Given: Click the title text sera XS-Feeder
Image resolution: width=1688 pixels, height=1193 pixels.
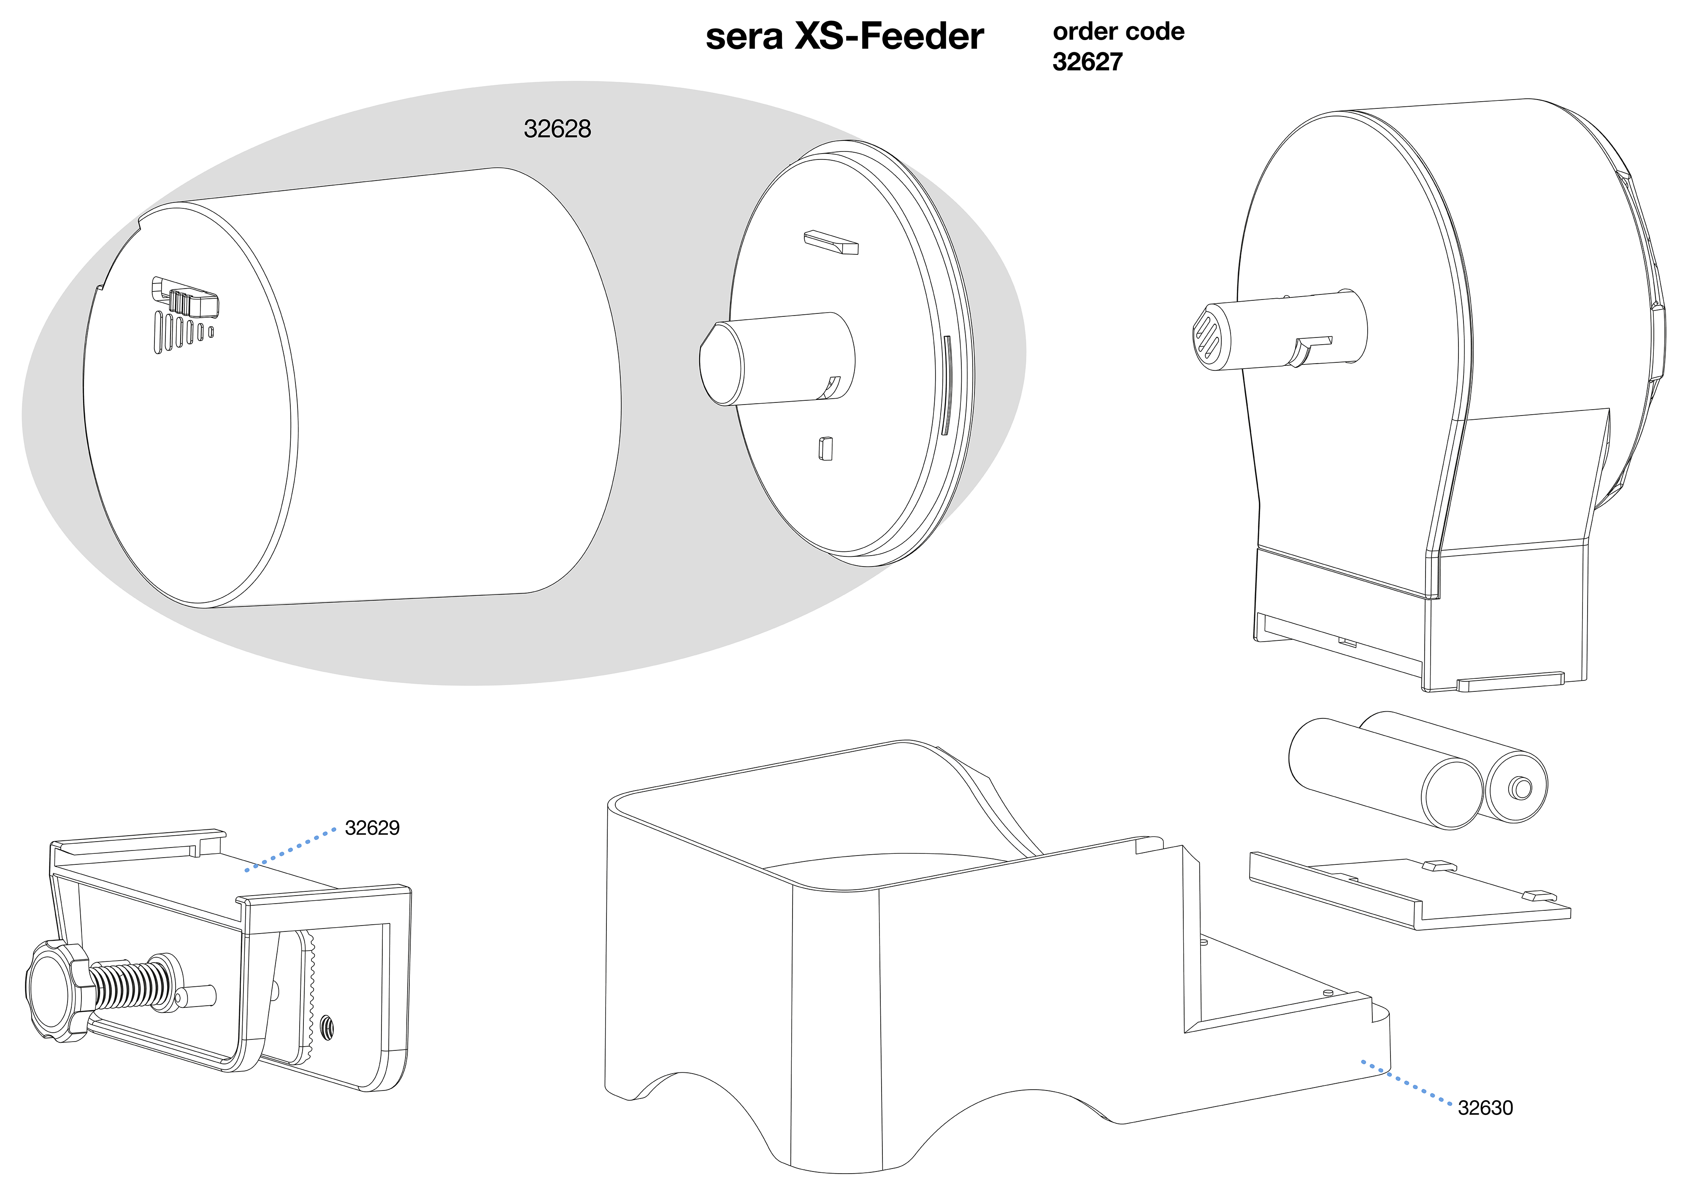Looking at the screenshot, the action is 844,37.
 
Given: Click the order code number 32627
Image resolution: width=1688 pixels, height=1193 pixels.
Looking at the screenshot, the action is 1087,62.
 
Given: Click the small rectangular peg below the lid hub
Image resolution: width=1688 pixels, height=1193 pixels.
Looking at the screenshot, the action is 825,448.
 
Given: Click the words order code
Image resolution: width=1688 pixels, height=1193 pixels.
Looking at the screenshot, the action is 1118,32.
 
